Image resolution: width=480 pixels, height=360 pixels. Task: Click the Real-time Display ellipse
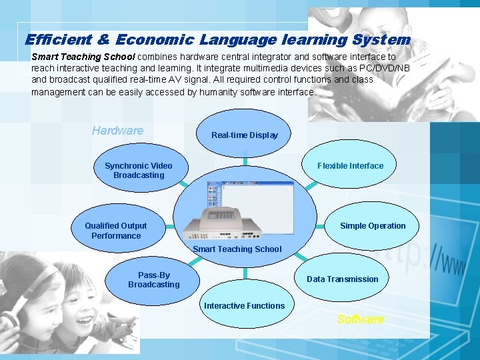pos(245,135)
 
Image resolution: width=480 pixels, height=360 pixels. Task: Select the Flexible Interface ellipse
pos(351,165)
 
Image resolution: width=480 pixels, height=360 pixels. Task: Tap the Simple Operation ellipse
pos(373,226)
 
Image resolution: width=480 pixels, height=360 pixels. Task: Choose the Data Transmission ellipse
pos(342,279)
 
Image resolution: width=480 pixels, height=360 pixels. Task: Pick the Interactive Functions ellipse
pos(244,306)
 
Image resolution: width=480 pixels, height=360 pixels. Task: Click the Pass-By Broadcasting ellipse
pos(154,280)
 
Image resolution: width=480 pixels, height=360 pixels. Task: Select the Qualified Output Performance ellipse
pos(116,231)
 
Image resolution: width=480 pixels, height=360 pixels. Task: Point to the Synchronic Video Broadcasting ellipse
pos(138,171)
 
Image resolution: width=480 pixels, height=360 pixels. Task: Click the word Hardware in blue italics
pos(117,131)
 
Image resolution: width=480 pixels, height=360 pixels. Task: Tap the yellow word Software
pos(360,319)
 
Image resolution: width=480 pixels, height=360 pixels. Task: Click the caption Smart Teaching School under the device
pos(237,249)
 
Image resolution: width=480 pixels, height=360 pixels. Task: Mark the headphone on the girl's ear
pos(8,323)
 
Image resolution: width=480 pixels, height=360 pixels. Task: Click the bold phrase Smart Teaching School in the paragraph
pos(83,57)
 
